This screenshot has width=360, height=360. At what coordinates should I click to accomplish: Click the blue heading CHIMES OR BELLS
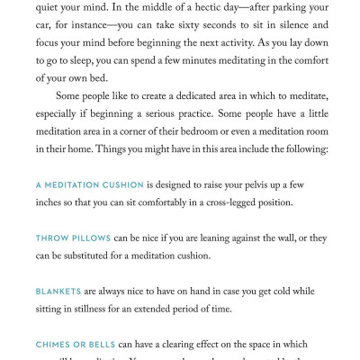pyautogui.click(x=76, y=345)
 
